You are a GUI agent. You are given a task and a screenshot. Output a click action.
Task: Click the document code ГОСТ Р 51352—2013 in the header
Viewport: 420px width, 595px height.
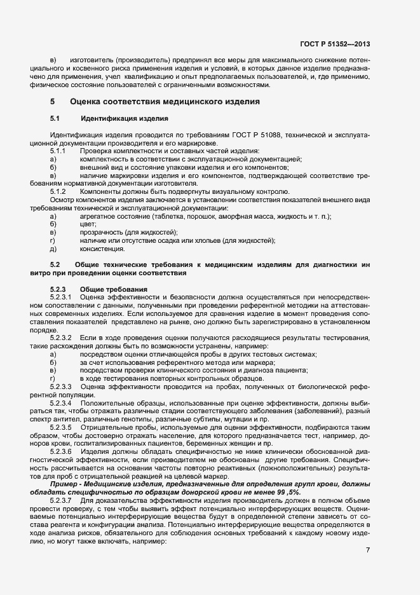tap(334, 44)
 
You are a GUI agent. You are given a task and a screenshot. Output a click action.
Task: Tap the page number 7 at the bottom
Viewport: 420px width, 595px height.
tap(368, 550)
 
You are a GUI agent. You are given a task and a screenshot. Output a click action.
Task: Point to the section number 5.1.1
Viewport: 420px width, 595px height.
tap(58, 150)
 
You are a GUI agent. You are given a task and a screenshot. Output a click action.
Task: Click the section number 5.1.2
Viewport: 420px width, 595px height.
tap(58, 191)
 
